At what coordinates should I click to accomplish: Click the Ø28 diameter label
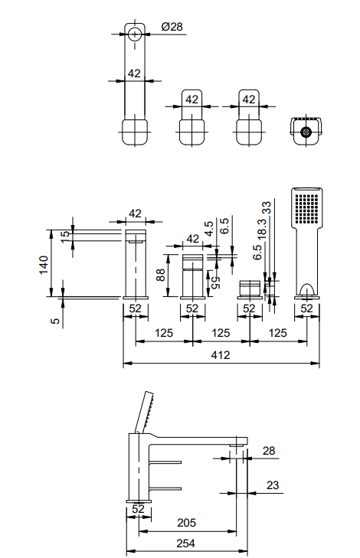pyautogui.click(x=172, y=27)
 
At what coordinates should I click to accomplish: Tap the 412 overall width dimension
pyautogui.click(x=221, y=355)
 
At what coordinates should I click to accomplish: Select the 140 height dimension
pyautogui.click(x=44, y=265)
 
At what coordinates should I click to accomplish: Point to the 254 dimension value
pyautogui.click(x=186, y=543)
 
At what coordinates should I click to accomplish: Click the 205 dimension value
pyautogui.click(x=187, y=523)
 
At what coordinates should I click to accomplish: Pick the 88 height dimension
pyautogui.click(x=161, y=275)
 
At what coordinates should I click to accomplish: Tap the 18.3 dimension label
pyautogui.click(x=262, y=228)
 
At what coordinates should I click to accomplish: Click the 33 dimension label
pyautogui.click(x=267, y=207)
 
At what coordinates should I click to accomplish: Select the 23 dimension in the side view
pyautogui.click(x=273, y=485)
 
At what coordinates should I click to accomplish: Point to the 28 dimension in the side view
pyautogui.click(x=269, y=451)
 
